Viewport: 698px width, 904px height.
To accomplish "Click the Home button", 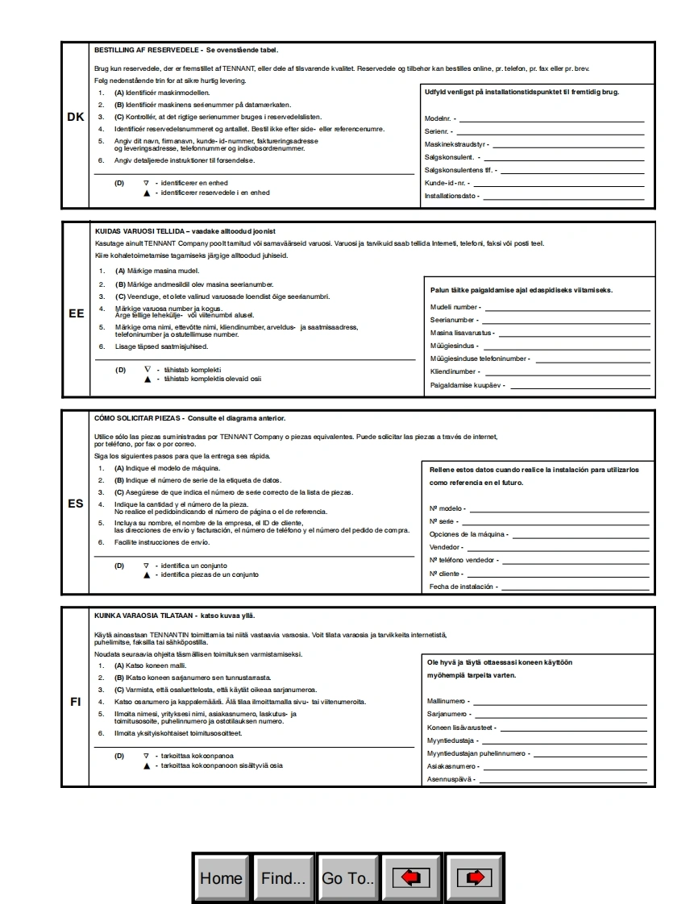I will click(x=221, y=877).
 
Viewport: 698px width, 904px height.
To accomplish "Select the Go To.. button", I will click(x=347, y=877).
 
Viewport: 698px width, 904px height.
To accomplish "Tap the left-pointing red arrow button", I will click(x=411, y=877).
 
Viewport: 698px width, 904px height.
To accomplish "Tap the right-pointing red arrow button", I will click(x=474, y=877).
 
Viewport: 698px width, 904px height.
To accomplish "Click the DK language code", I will click(x=76, y=117).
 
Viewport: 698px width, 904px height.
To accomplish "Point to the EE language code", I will click(x=76, y=313).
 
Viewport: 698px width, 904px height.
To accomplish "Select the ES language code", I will click(x=76, y=504).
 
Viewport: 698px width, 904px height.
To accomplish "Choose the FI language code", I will click(x=76, y=701).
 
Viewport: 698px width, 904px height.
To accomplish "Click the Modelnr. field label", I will click(x=439, y=118).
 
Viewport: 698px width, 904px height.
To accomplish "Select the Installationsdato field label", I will click(x=451, y=196).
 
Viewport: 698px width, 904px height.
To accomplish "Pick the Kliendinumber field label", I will click(x=455, y=371).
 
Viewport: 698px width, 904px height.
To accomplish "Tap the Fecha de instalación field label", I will click(x=461, y=587).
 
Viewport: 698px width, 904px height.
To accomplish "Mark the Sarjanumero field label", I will click(x=447, y=714).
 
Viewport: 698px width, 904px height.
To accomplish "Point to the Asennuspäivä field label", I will click(x=451, y=779).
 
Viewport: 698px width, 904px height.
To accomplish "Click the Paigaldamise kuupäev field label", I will click(x=467, y=385).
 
